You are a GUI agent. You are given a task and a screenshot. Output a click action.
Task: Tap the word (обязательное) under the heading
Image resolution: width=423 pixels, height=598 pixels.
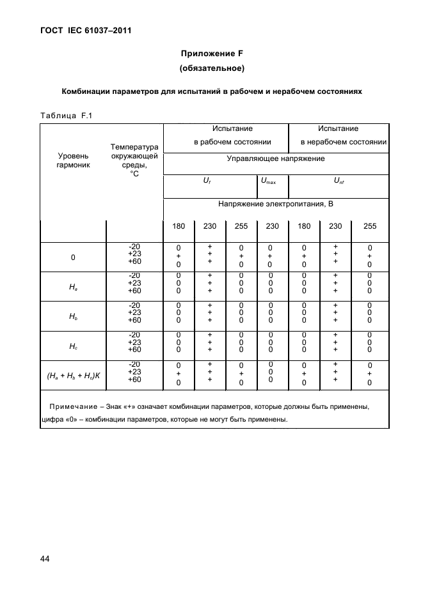(212, 68)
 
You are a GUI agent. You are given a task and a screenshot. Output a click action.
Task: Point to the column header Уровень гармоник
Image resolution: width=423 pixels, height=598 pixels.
(73, 160)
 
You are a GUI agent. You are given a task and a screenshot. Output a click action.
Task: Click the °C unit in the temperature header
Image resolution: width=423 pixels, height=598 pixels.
(134, 173)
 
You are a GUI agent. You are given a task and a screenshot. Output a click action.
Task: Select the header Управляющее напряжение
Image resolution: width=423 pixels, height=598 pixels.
(276, 158)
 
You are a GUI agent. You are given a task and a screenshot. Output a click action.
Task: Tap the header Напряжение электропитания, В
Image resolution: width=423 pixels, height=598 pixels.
(276, 204)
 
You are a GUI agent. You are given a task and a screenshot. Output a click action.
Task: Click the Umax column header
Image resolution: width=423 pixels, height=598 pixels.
(272, 181)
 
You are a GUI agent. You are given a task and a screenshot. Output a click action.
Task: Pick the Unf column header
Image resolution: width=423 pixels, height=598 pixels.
(339, 181)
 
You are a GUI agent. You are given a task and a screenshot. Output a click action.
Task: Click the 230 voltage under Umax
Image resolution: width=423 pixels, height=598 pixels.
(273, 226)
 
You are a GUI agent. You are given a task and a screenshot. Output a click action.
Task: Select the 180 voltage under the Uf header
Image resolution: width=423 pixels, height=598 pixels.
(179, 226)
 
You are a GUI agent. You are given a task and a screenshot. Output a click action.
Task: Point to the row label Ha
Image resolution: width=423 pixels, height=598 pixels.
(73, 287)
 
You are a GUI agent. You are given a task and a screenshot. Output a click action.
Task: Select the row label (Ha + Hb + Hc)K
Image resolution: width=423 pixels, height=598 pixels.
(73, 377)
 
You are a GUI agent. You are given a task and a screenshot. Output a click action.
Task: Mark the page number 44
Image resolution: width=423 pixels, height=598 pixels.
(45, 559)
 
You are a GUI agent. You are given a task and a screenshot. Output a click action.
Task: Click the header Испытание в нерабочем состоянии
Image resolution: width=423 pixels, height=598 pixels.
(339, 135)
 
